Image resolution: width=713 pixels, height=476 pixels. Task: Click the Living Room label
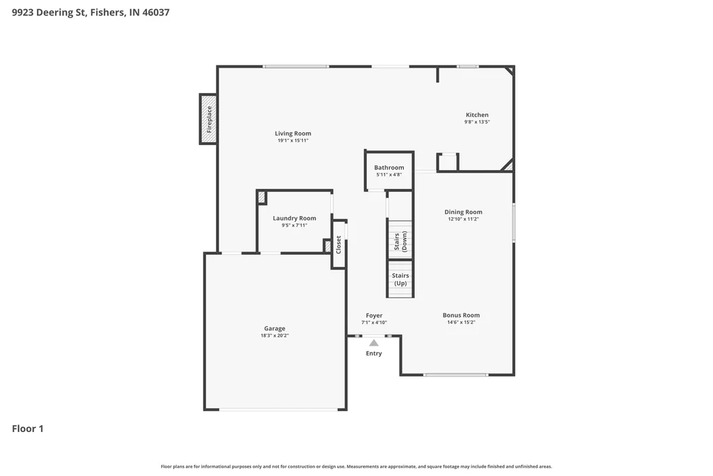293,133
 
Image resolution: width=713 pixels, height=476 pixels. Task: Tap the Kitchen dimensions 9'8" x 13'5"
477,122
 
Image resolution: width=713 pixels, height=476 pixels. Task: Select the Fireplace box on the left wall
208,119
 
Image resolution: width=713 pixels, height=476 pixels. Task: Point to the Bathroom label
389,167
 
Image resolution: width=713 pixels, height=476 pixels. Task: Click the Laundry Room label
295,218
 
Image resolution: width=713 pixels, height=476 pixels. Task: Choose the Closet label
338,245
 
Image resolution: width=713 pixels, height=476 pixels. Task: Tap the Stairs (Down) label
400,241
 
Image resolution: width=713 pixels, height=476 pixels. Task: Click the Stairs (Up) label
400,279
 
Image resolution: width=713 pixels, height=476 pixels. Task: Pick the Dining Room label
463,212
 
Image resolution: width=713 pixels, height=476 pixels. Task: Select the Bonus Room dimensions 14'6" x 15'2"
461,322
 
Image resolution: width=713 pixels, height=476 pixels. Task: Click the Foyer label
374,316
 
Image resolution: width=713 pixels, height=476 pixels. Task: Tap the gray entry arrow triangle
374,343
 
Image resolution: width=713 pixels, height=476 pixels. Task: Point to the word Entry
374,353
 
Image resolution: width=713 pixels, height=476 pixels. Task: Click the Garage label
274,328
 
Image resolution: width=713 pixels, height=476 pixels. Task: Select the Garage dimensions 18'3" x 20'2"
274,336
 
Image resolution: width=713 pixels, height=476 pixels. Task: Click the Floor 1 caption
28,429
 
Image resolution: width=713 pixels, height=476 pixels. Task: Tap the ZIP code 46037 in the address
156,13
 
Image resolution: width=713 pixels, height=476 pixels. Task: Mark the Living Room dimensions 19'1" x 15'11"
293,141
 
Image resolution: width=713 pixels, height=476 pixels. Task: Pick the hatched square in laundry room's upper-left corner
262,197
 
